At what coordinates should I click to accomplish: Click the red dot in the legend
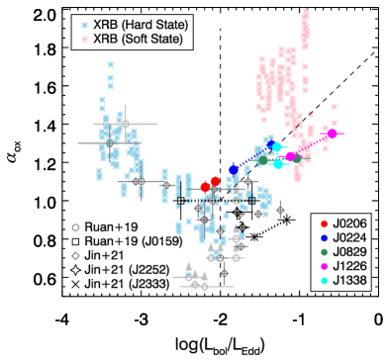pos(324,224)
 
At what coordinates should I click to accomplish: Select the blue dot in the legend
pos(324,238)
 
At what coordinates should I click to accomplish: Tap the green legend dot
pos(324,252)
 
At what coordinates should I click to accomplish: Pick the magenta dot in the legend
pos(324,266)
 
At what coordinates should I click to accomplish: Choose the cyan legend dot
pos(324,281)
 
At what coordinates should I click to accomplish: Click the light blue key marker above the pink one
pos(84,26)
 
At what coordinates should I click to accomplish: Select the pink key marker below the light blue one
pos(84,40)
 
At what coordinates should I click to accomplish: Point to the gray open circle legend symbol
pos(75,227)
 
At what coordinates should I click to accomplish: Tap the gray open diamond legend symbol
pos(75,255)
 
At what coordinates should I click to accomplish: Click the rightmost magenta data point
pos(332,134)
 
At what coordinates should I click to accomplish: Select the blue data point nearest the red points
pos(234,169)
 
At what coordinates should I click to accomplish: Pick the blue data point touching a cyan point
pos(269,146)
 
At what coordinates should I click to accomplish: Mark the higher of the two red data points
pos(215,181)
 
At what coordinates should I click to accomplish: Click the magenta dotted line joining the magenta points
pos(311,144)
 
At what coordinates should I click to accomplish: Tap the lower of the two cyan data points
pos(278,163)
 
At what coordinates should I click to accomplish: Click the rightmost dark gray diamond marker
pos(280,210)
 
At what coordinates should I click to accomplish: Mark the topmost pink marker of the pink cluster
pos(306,12)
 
